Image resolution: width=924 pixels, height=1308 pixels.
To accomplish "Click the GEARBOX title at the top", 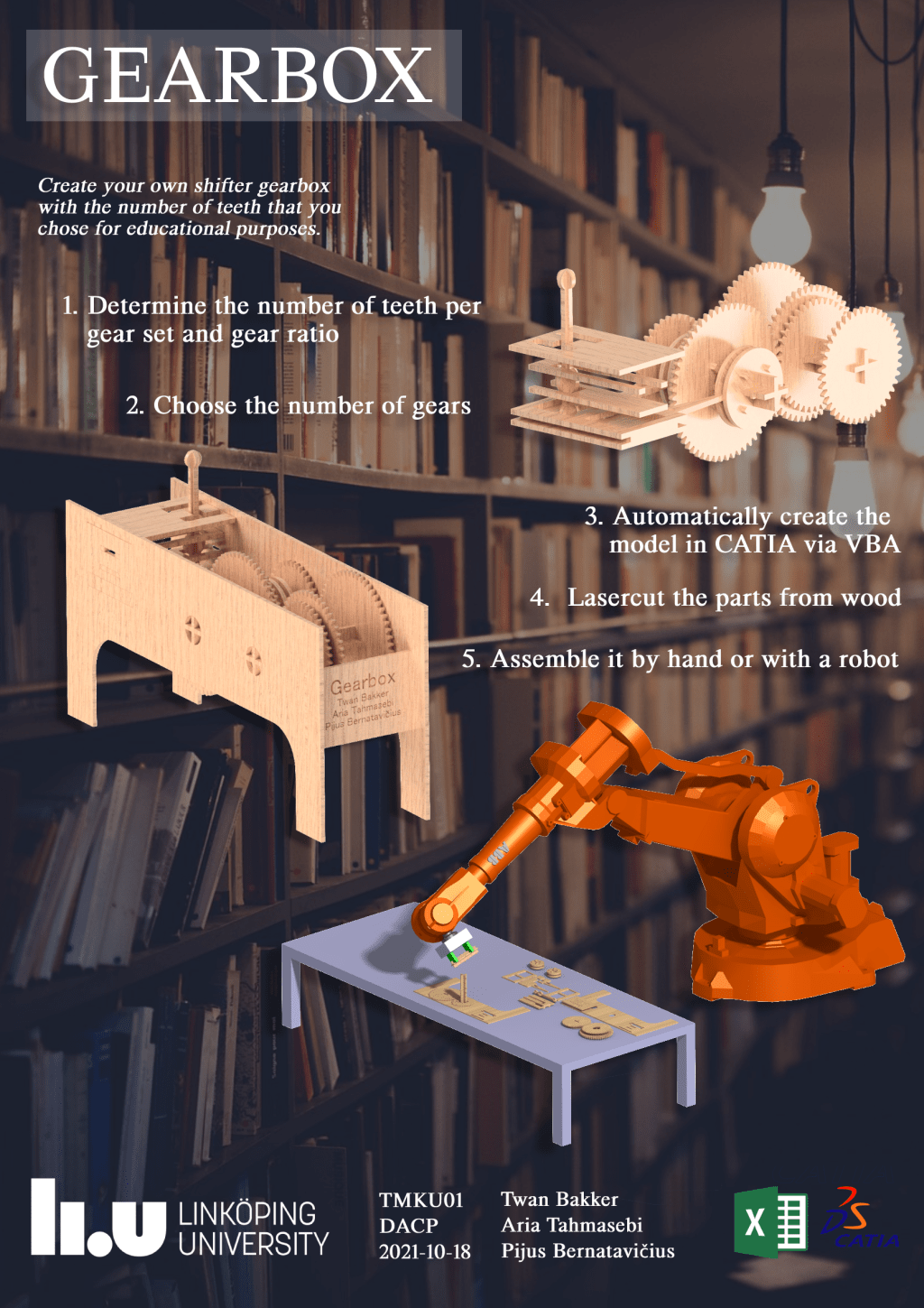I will (237, 76).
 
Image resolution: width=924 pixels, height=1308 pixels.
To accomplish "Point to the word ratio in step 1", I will (312, 335).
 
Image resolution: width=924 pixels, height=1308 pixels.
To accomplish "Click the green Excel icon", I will (770, 1222).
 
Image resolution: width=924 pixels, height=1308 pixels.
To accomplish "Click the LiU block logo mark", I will (98, 1219).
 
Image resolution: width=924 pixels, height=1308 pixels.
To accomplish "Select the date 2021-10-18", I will (424, 1252).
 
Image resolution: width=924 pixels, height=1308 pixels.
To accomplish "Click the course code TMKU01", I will (420, 1201).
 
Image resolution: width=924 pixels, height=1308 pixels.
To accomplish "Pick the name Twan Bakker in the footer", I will (559, 1200).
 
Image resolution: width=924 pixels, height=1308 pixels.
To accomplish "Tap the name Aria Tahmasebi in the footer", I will (571, 1225).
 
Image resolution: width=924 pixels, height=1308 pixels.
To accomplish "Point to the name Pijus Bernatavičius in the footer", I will (587, 1251).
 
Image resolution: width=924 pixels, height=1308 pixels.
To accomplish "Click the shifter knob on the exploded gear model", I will (566, 279).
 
